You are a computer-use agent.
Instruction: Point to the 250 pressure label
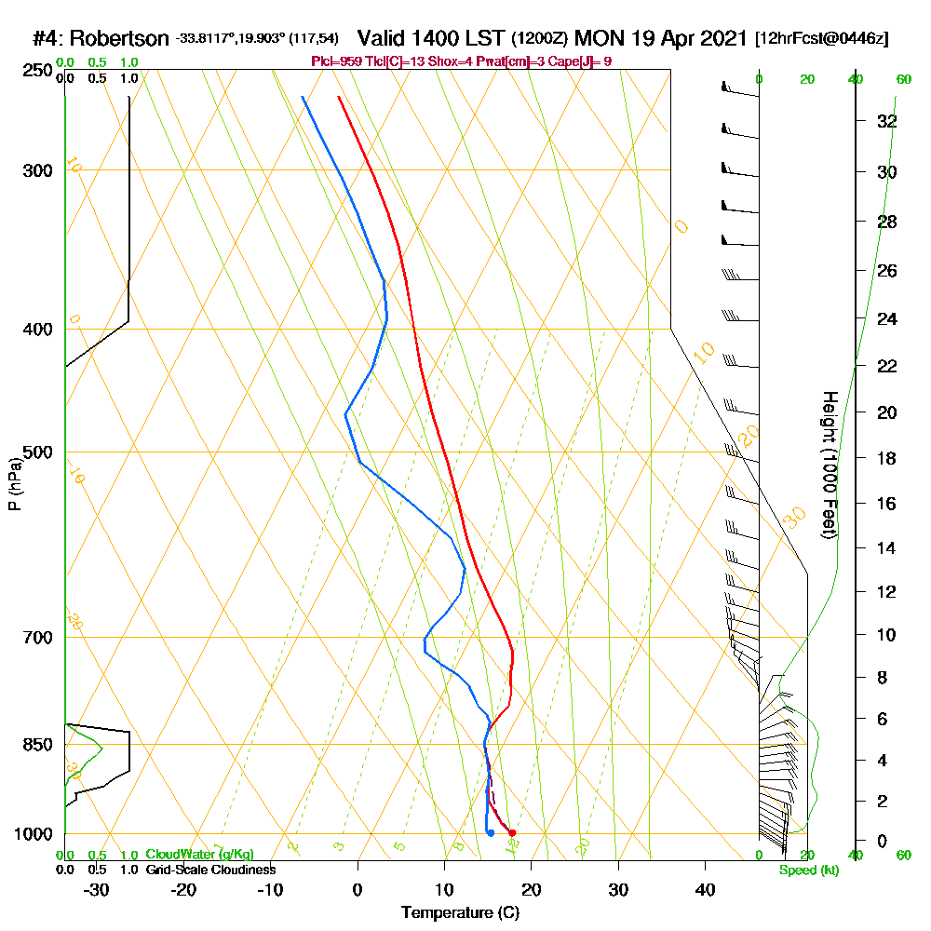pos(35,71)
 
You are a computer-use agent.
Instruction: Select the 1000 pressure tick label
pos(32,834)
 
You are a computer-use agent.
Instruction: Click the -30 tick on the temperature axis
pos(97,889)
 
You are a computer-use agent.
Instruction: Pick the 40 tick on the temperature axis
pos(705,889)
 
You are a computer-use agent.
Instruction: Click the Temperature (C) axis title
pos(460,912)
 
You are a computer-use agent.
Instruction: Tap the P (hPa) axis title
pos(14,484)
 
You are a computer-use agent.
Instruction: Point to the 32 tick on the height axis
pos(887,121)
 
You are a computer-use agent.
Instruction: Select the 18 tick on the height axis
pos(887,458)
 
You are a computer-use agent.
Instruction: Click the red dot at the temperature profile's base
pos(512,833)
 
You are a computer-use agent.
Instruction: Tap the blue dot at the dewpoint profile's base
pos(491,833)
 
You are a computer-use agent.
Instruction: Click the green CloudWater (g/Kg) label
pos(199,854)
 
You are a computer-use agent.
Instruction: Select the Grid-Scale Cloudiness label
pos(209,870)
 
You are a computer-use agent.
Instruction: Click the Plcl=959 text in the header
pos(337,61)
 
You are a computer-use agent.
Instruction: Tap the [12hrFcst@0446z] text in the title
pos(822,39)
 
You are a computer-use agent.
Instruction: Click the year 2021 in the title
pos(722,39)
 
